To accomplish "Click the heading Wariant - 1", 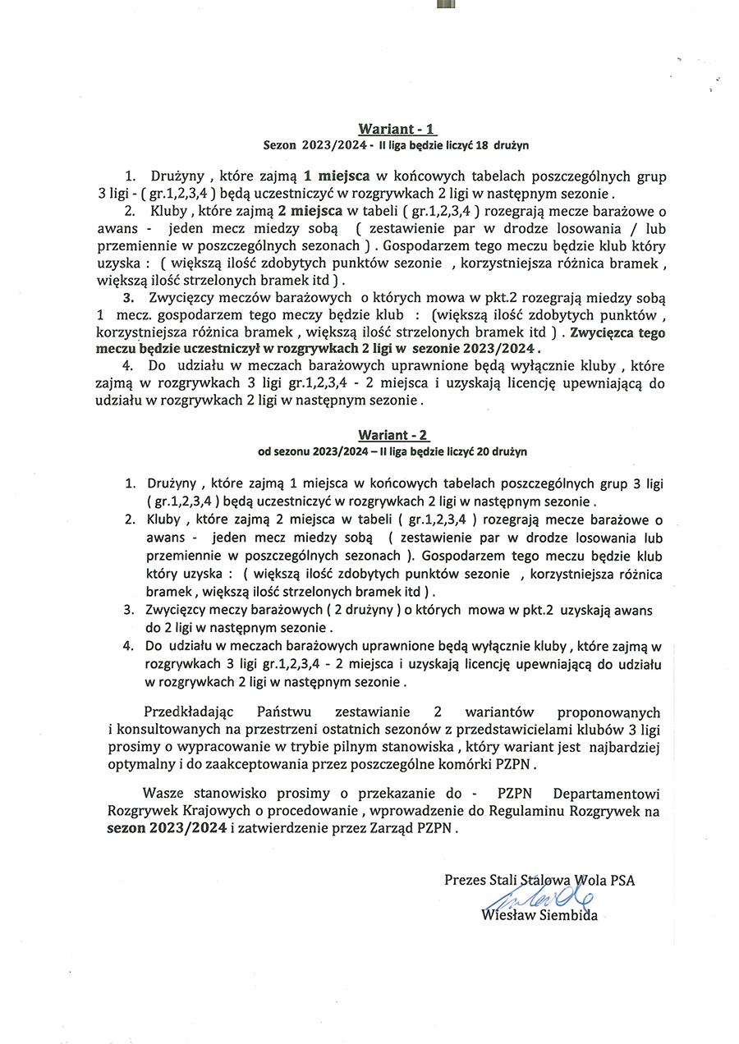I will point(397,129).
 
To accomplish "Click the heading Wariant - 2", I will point(393,434).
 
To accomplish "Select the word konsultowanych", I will point(165,729).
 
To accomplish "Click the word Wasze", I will point(161,794).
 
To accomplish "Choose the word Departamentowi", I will point(607,794).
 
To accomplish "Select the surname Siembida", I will point(567,915).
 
